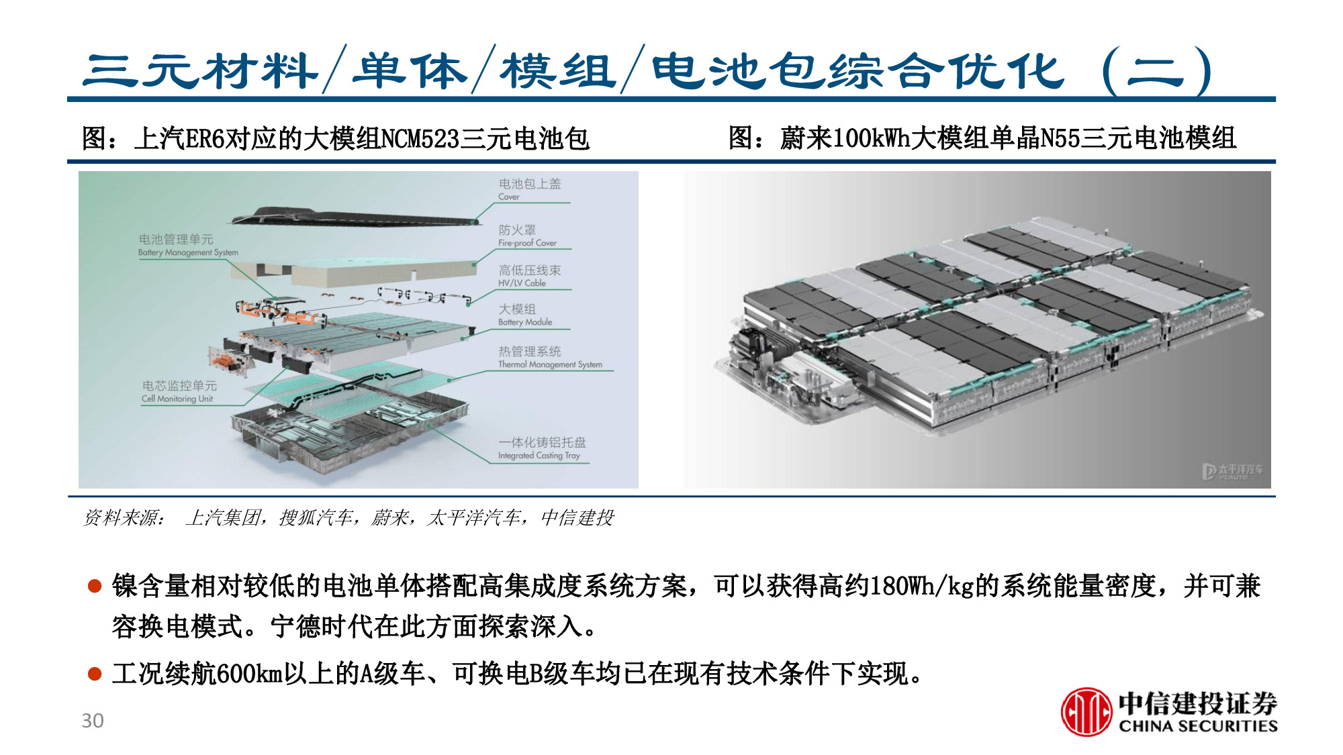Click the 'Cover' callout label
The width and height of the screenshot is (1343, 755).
point(508,197)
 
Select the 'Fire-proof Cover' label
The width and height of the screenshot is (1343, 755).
point(527,243)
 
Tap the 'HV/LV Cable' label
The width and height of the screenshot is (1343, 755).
point(522,283)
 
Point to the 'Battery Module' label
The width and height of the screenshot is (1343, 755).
point(525,322)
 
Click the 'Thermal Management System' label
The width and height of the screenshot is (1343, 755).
point(550,364)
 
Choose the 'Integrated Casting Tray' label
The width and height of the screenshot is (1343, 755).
point(539,455)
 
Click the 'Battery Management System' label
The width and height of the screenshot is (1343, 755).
point(188,252)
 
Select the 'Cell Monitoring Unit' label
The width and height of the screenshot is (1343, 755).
point(177,399)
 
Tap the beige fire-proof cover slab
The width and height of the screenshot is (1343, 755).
point(376,272)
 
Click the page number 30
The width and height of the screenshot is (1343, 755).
point(93,720)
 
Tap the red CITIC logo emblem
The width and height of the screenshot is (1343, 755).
point(1086,712)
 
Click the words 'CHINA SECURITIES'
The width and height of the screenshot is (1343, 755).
point(1198,726)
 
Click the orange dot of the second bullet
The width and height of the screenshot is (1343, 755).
point(95,673)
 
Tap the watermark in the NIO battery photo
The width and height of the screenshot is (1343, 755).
point(1232,470)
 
